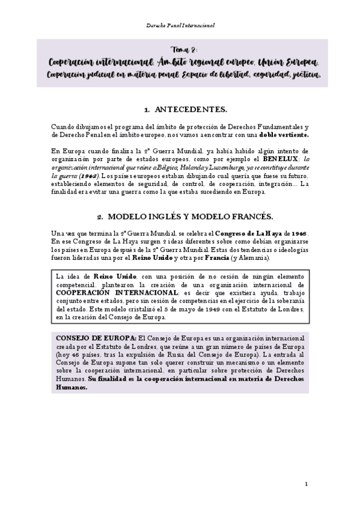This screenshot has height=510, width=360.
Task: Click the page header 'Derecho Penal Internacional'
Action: pos(180,26)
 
